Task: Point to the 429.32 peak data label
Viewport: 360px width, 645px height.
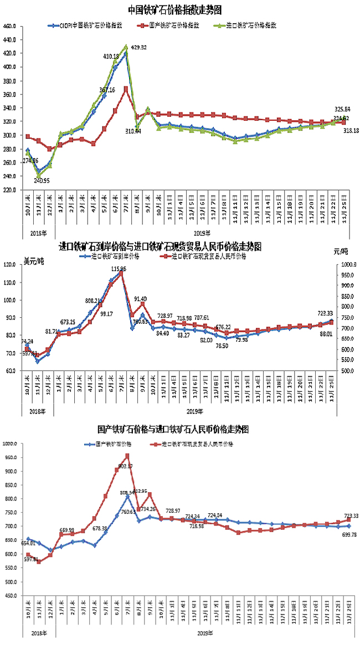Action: coord(136,48)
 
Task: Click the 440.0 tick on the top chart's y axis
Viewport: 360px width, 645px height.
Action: coord(11,40)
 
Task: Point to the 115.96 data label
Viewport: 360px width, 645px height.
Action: coord(119,269)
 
